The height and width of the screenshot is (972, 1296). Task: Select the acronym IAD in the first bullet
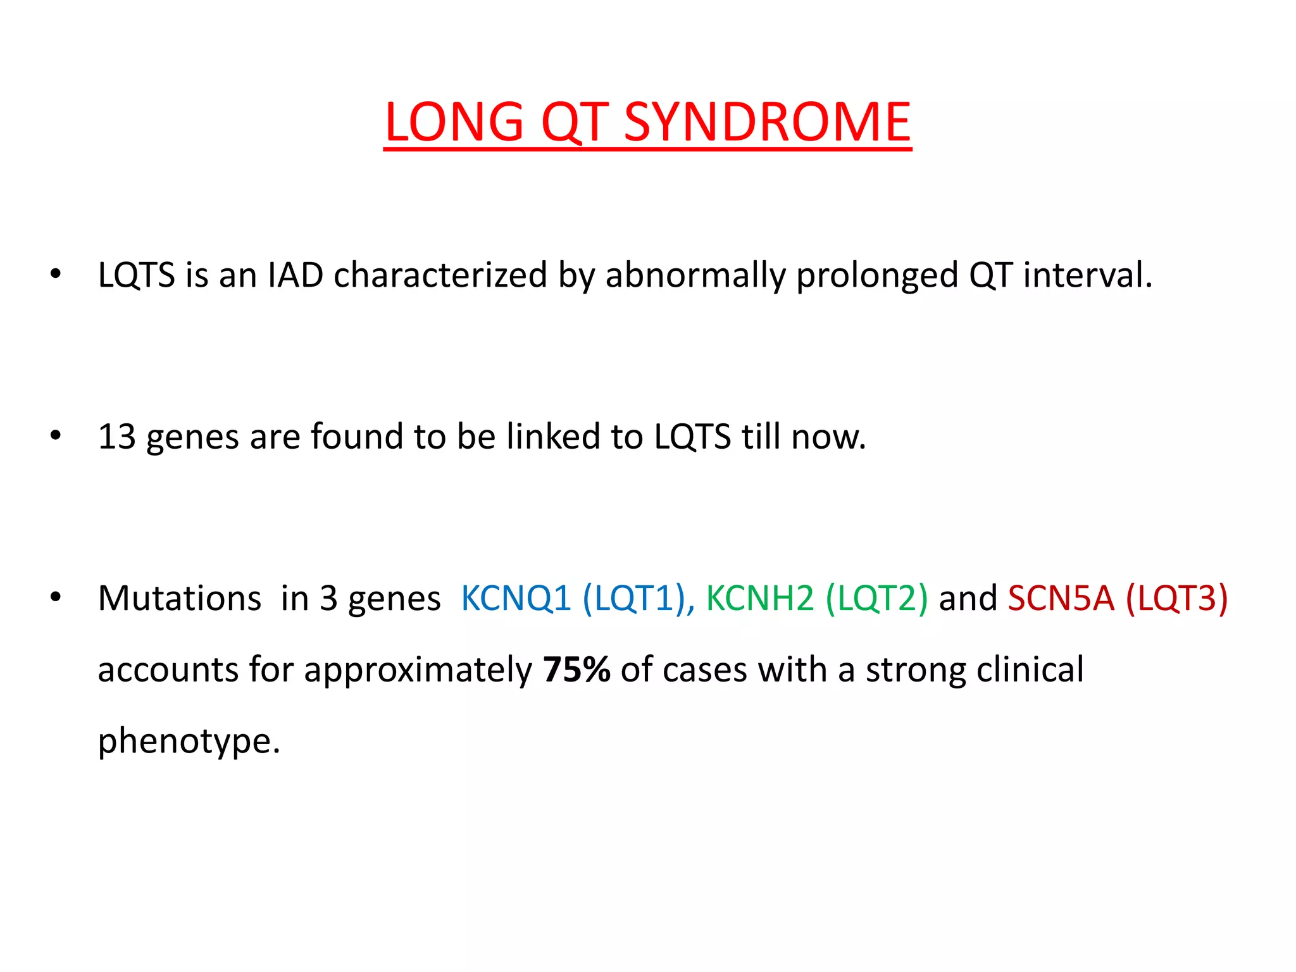pos(296,275)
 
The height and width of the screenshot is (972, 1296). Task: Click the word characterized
pos(440,275)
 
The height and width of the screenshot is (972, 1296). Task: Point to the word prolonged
pos(877,275)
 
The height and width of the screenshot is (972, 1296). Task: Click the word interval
pos(1088,275)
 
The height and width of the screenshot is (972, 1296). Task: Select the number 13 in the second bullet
pos(117,437)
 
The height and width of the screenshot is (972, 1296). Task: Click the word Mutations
pos(180,598)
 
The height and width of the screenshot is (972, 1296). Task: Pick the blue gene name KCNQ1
pos(516,598)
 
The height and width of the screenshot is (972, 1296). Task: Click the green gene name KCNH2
pos(760,598)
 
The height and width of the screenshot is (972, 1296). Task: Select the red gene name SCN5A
pos(1061,598)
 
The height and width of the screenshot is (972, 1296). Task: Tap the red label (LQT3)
pos(1177,598)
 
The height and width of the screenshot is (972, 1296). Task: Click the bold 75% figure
pos(576,670)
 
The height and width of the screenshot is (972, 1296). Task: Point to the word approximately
pos(418,670)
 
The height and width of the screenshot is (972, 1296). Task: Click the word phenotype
pos(189,740)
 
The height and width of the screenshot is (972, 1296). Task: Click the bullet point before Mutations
pos(56,597)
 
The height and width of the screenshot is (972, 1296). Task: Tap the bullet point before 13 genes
pos(56,435)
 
